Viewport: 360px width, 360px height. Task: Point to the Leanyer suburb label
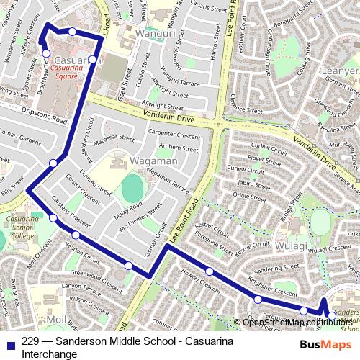(342, 71)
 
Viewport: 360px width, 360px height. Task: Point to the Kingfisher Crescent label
(272, 290)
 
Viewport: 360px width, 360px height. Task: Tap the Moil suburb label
(56, 319)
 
